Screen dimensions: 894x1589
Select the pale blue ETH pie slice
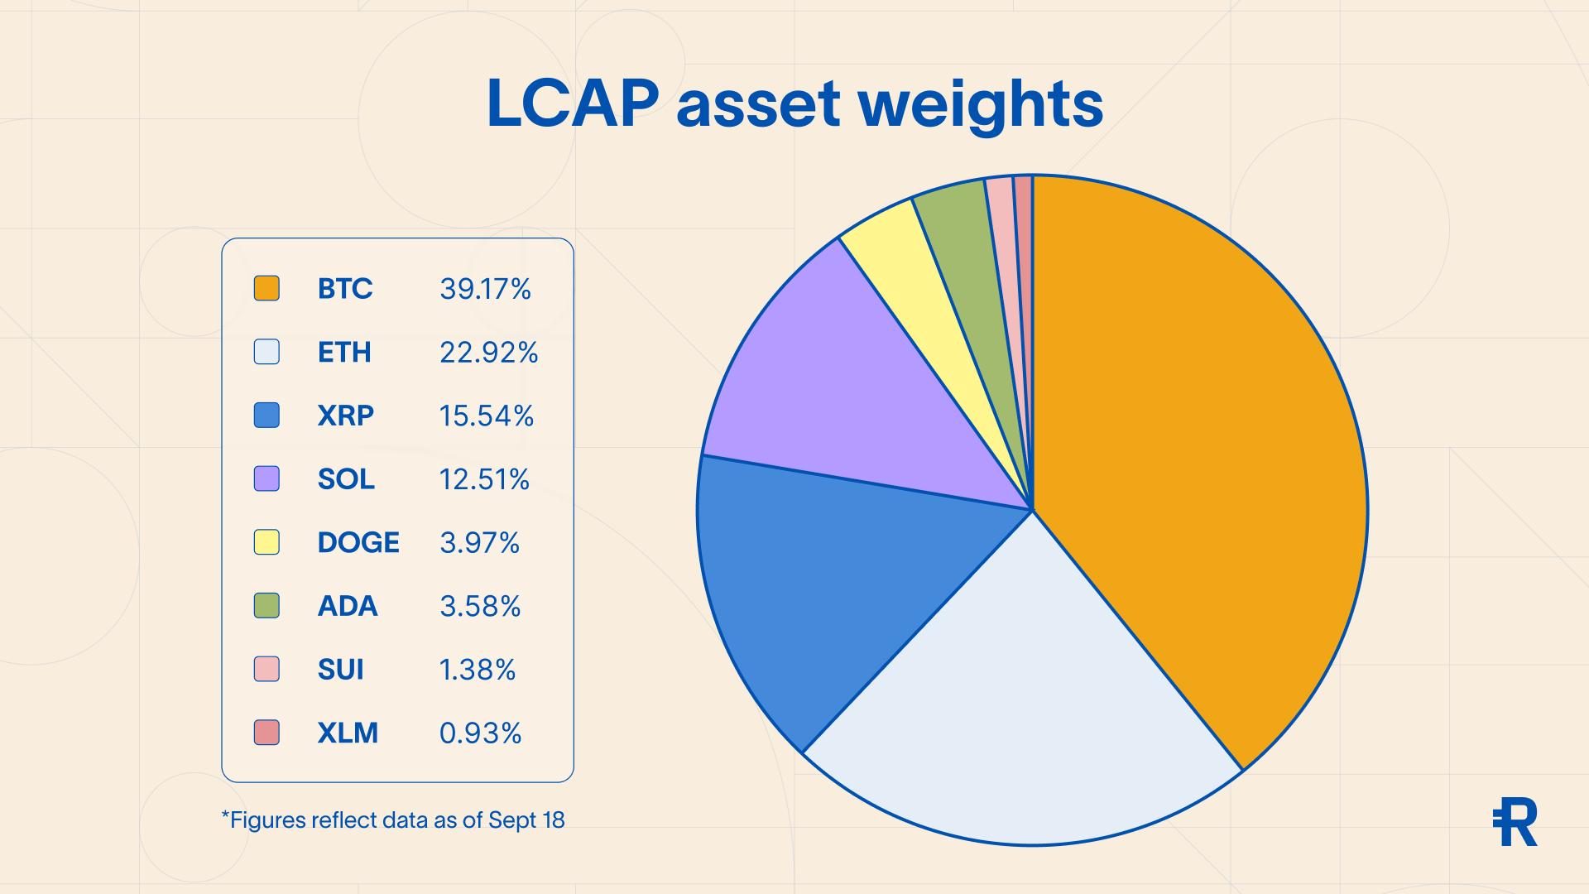1026,704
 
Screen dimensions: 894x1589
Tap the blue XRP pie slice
828,579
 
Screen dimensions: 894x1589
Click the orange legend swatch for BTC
266,288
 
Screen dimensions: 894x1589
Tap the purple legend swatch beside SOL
266,478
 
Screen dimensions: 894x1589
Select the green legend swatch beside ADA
266,605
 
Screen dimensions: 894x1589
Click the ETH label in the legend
344,352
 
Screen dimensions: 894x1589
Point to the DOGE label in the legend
358,542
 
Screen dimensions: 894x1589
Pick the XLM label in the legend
348,733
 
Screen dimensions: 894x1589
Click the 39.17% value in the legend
485,288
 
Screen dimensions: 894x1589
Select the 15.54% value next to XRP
487,416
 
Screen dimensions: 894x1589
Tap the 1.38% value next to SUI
478,669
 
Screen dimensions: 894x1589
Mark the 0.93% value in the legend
480,733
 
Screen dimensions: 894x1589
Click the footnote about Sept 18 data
393,819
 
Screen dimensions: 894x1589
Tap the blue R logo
1515,822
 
